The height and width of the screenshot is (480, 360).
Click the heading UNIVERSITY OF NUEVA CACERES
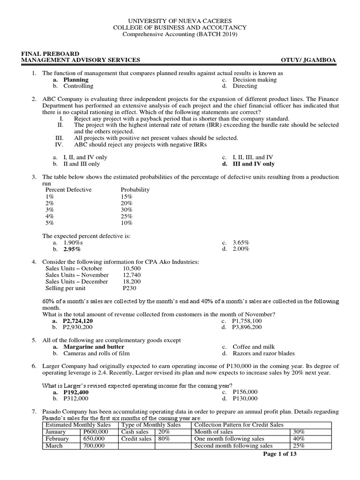point(180,21)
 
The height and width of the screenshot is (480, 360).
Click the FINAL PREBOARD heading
point(50,53)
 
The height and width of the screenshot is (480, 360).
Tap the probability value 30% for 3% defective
point(127,210)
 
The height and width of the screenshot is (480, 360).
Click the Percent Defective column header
point(68,190)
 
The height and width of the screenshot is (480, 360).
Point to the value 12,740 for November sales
point(131,275)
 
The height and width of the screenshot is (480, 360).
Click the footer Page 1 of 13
point(280,454)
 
